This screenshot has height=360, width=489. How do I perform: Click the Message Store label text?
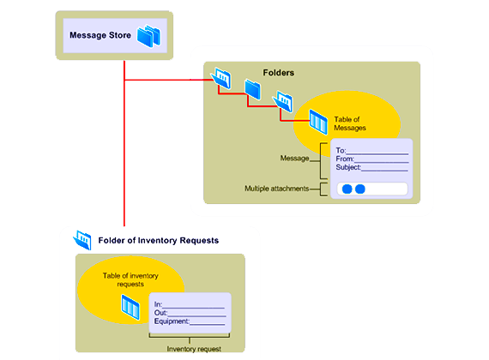100,35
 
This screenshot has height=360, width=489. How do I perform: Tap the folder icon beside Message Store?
149,36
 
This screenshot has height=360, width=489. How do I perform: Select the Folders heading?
279,73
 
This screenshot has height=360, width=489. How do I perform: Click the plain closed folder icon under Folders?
252,89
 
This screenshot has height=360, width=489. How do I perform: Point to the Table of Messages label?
350,123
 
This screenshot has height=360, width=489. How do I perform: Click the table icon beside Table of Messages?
318,122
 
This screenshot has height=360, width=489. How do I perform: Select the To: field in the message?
372,151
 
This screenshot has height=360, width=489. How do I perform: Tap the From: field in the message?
372,159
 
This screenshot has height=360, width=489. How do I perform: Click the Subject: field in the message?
372,167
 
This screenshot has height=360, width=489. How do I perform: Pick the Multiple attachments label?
276,189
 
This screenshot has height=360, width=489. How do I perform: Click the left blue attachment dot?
347,189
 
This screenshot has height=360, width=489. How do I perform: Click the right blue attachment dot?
360,189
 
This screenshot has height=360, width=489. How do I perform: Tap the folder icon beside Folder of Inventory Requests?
82,240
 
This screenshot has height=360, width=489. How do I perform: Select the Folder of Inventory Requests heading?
159,241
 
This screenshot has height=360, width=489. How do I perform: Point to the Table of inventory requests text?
130,280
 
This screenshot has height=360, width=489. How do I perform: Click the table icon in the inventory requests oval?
130,308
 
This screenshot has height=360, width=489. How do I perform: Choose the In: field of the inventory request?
190,304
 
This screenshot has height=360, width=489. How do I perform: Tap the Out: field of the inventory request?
190,313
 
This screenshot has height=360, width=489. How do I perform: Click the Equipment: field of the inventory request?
190,321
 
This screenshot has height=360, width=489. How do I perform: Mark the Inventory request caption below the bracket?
194,349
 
